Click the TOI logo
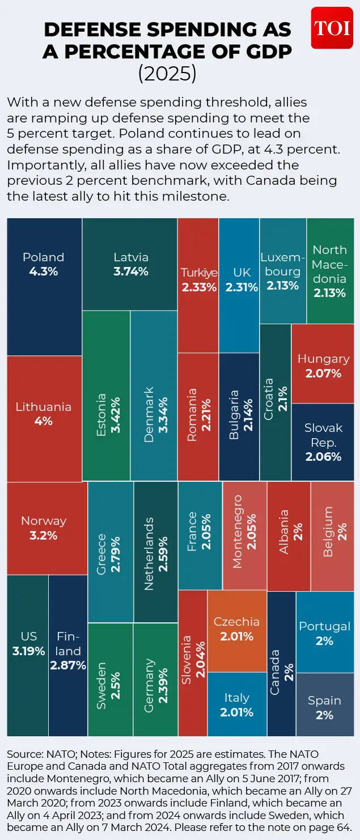click(x=332, y=27)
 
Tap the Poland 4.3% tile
click(x=44, y=286)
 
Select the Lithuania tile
click(x=44, y=418)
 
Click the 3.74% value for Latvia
click(x=130, y=271)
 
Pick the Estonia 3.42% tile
click(x=106, y=395)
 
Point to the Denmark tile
click(x=154, y=395)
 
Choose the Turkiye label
click(x=198, y=273)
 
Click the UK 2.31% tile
click(x=239, y=285)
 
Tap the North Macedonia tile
click(x=329, y=271)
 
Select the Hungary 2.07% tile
click(x=323, y=366)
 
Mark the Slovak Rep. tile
click(x=323, y=442)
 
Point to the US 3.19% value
click(x=28, y=651)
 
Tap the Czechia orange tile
click(x=237, y=630)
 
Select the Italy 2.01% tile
click(x=237, y=704)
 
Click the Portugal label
click(x=324, y=626)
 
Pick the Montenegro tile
click(x=244, y=535)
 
